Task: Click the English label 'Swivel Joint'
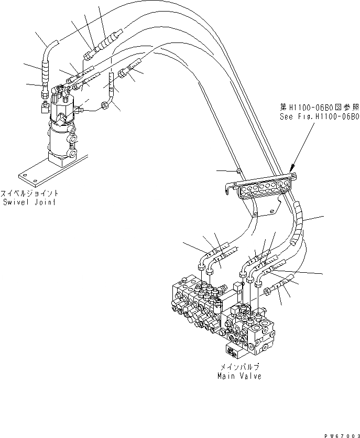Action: [x=30, y=202]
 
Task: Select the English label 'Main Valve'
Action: [x=239, y=376]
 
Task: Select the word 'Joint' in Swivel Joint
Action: [x=46, y=202]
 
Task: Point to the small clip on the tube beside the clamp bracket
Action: [x=238, y=170]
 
